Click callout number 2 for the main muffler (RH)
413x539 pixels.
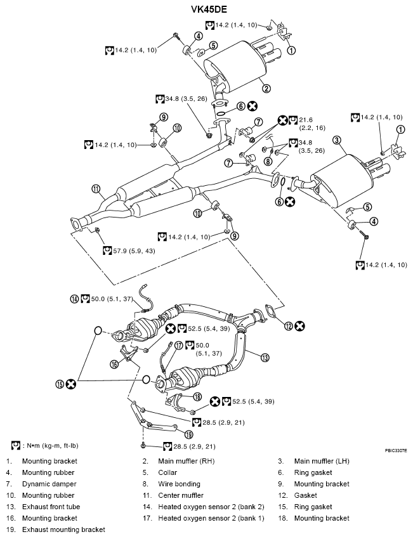pos(266,89)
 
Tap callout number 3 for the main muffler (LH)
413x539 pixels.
pos(337,140)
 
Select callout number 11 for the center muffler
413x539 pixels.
pos(96,188)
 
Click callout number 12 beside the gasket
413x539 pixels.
pos(289,326)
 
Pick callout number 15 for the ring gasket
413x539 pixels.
pos(60,384)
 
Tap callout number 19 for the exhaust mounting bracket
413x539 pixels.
pos(188,434)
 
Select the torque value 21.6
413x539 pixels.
pos(307,120)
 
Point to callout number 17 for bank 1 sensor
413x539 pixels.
pos(179,346)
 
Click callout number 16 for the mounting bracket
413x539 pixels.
pos(115,364)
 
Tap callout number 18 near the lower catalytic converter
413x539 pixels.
pos(197,397)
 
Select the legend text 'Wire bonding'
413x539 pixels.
pos(180,484)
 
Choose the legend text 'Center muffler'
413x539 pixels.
pos(180,495)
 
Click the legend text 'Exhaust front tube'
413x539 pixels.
pos(51,507)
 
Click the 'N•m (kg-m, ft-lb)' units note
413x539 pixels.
pos(51,445)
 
